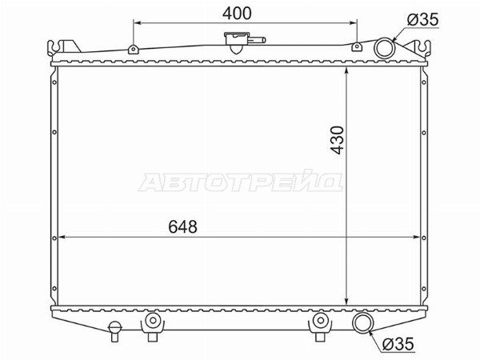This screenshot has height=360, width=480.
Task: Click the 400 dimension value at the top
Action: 237,14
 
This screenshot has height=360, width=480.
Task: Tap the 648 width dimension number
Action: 182,227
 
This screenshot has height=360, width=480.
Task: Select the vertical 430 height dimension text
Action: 337,140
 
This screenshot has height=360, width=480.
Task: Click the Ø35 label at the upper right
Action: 422,19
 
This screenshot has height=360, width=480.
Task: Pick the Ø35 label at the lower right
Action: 398,344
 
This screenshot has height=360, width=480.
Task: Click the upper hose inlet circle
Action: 385,48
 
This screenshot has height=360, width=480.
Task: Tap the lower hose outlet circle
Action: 362,322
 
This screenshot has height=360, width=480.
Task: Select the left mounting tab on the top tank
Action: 133,49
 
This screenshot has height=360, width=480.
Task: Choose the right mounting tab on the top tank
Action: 356,46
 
